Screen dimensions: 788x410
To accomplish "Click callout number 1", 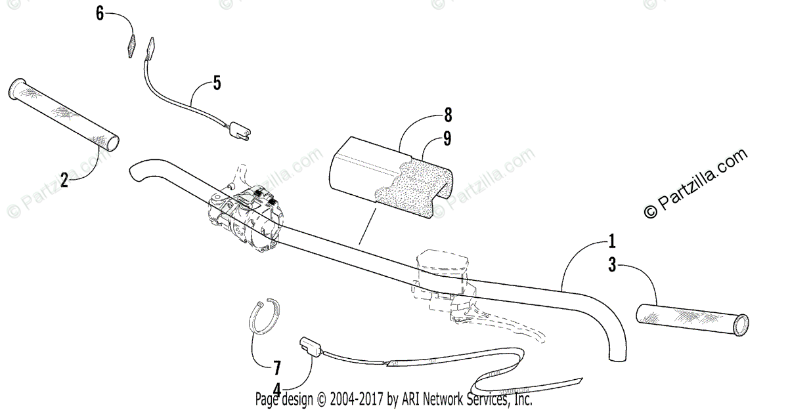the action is click(x=612, y=241).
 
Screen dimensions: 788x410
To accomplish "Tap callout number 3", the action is click(x=612, y=265).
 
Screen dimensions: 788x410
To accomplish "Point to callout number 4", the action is click(x=277, y=390).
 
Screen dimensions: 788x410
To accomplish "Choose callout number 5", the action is click(x=217, y=83).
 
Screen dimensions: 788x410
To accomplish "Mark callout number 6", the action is click(x=100, y=13).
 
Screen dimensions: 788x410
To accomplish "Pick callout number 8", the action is click(x=447, y=115).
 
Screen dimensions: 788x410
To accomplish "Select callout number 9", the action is click(x=447, y=139).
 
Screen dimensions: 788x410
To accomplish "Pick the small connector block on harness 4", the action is click(x=309, y=345).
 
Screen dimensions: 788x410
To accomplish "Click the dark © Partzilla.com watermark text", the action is click(x=696, y=184).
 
